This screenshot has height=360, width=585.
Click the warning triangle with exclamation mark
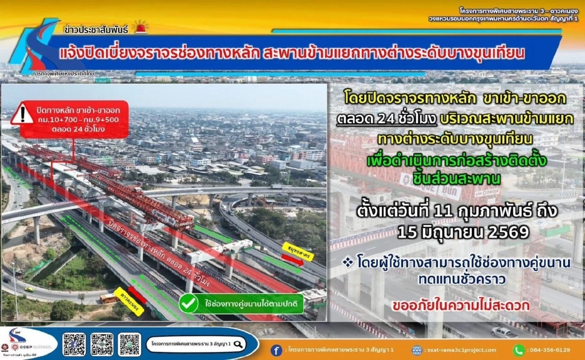click(x=22, y=114)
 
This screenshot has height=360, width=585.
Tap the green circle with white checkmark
click(x=188, y=303)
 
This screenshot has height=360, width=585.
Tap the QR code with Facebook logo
click(x=74, y=344)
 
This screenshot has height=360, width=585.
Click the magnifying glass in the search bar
click(x=238, y=344)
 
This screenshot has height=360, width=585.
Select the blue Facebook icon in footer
click(x=276, y=350)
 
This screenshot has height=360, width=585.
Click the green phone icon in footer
click(x=518, y=350)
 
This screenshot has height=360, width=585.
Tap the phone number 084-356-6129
click(x=549, y=350)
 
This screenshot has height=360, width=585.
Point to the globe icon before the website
click(x=416, y=350)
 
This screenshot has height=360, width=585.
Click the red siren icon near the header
click(x=141, y=27)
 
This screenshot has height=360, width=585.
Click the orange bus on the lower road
click(x=108, y=298)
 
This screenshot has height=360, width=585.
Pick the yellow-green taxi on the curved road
click(x=29, y=289)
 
